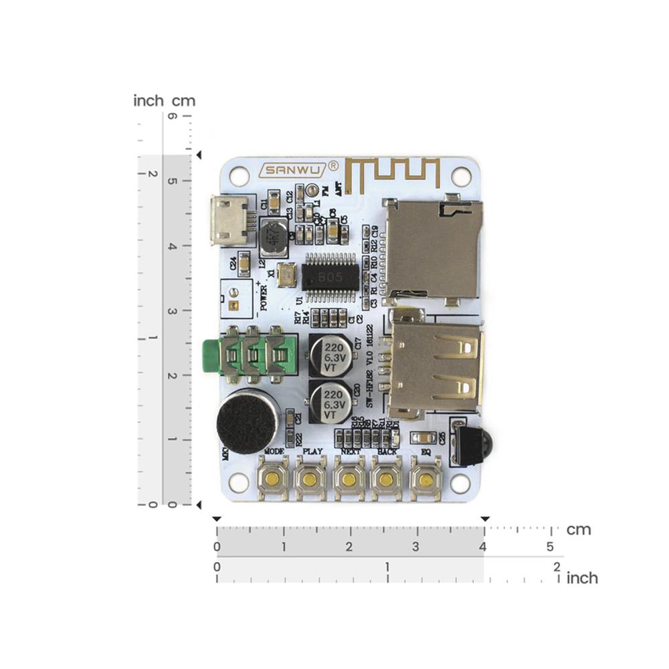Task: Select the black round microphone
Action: (248, 421)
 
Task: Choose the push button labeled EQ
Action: (425, 479)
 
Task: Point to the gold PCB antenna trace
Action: (395, 172)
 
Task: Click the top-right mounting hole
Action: (461, 176)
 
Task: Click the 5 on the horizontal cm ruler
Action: (550, 547)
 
